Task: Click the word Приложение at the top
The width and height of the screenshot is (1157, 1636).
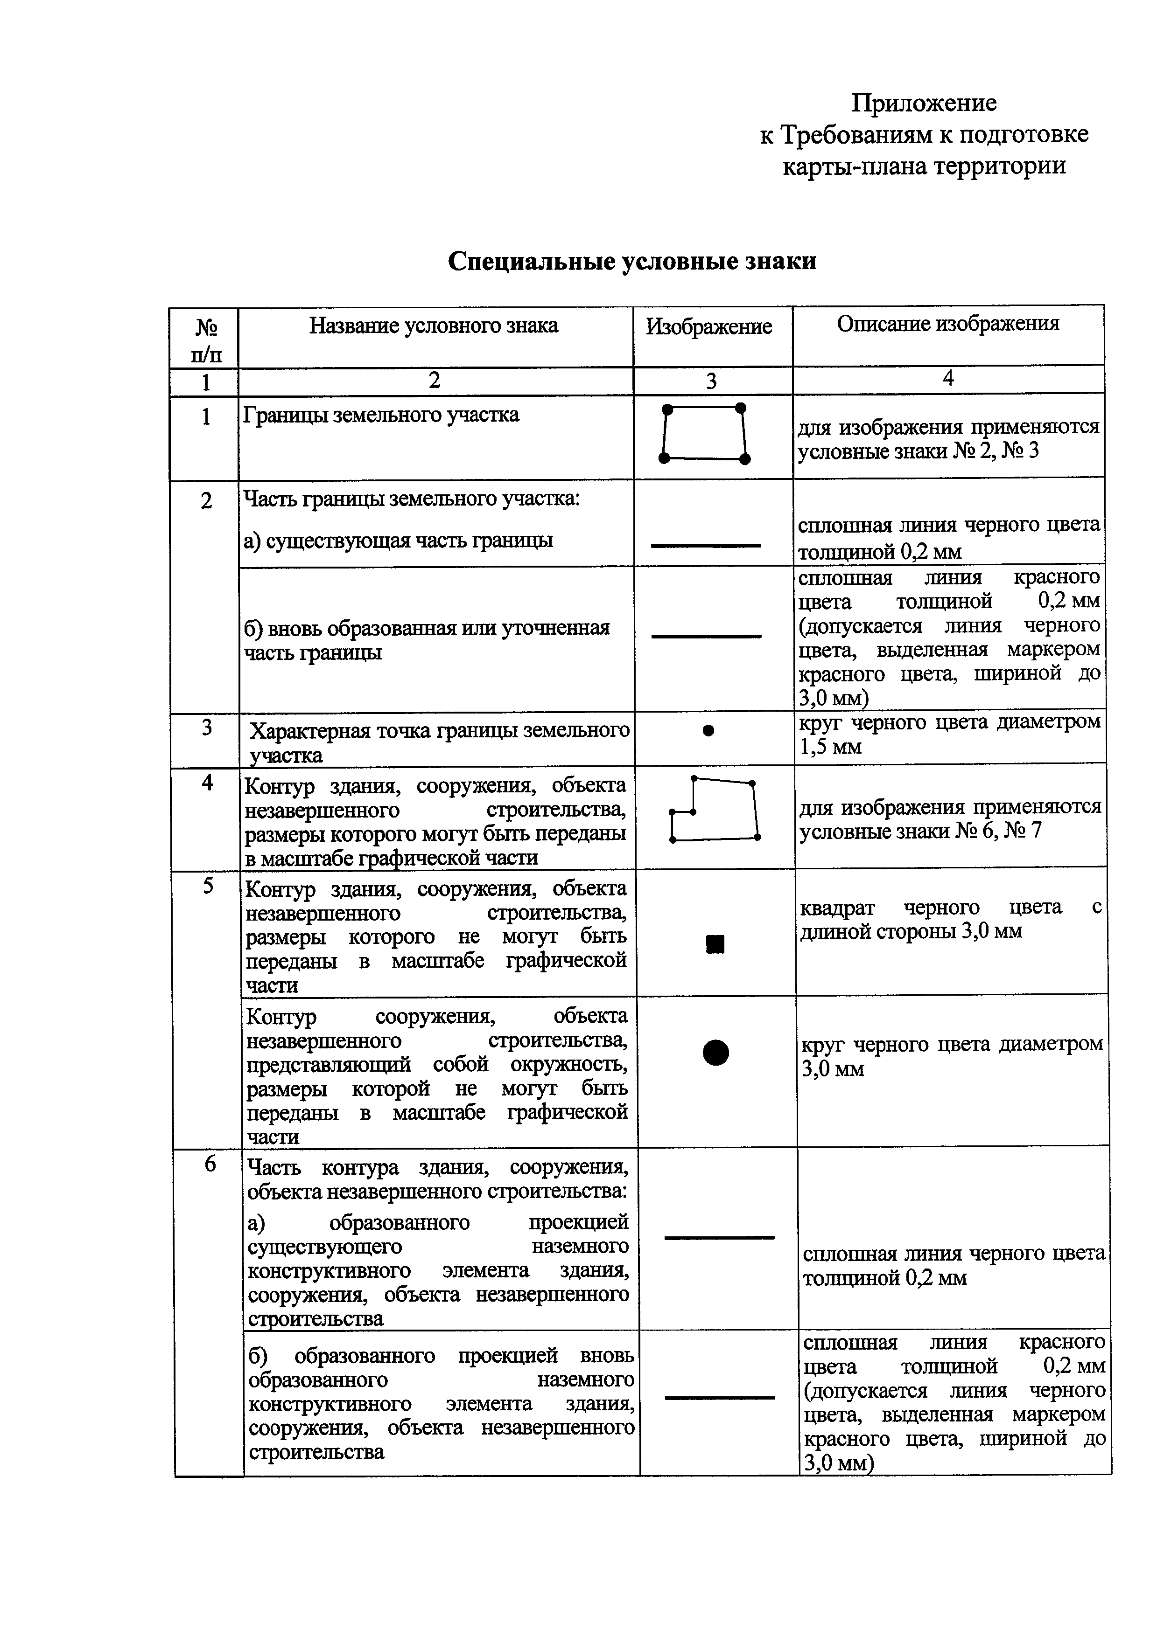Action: tap(924, 104)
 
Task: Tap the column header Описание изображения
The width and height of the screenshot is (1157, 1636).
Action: tap(947, 324)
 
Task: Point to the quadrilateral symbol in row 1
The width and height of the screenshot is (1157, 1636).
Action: tap(704, 434)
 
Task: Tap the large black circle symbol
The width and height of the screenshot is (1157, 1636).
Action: tap(716, 1053)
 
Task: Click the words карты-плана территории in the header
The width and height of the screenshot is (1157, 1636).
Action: tap(924, 166)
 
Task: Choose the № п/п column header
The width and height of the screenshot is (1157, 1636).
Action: tap(205, 340)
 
